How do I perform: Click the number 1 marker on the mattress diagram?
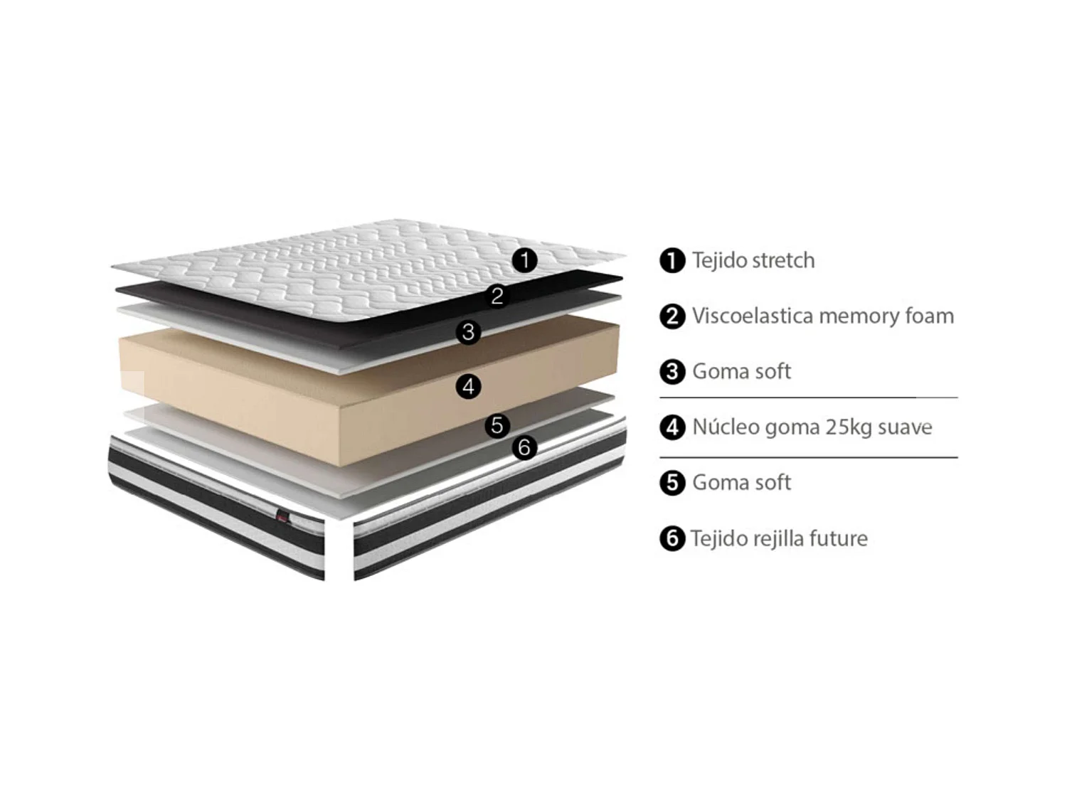[525, 260]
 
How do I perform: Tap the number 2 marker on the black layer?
[497, 296]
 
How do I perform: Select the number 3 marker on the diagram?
[468, 331]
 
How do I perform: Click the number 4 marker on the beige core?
[468, 387]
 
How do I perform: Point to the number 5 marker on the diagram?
[497, 425]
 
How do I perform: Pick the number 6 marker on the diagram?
[524, 447]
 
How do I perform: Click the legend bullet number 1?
[671, 261]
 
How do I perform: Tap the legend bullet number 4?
[671, 427]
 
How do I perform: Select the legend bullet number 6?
[671, 538]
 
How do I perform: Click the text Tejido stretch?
[753, 260]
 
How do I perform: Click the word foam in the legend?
[929, 316]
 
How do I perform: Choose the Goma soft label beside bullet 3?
[741, 371]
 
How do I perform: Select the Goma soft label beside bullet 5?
[741, 483]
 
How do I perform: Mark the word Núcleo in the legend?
[725, 427]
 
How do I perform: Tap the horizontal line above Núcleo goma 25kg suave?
[808, 398]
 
